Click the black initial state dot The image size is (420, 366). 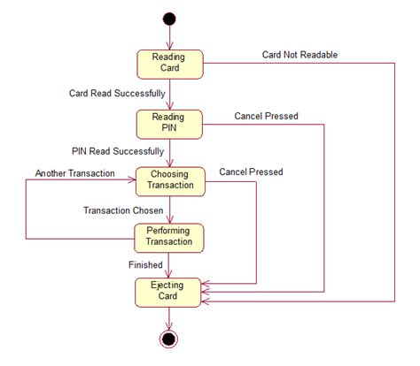169,19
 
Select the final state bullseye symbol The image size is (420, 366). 168,339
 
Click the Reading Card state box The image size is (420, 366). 170,65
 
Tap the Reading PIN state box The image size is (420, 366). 169,125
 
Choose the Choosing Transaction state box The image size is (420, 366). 170,181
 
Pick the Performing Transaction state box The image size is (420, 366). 169,238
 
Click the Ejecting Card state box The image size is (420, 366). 168,293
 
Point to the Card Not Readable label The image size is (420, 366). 299,55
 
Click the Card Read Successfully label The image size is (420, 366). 117,94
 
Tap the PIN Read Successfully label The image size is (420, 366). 118,151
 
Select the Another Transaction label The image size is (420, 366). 75,173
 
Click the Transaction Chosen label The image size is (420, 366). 123,210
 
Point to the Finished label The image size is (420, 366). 145,264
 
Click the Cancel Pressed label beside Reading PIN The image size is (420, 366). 266,116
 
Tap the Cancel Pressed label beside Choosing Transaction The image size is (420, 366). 251,172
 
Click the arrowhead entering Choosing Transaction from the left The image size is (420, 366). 132,179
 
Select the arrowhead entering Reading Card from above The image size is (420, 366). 169,46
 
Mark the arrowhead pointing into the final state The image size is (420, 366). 168,326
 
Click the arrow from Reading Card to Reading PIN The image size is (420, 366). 170,95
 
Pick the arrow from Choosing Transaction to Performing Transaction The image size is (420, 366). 170,210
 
